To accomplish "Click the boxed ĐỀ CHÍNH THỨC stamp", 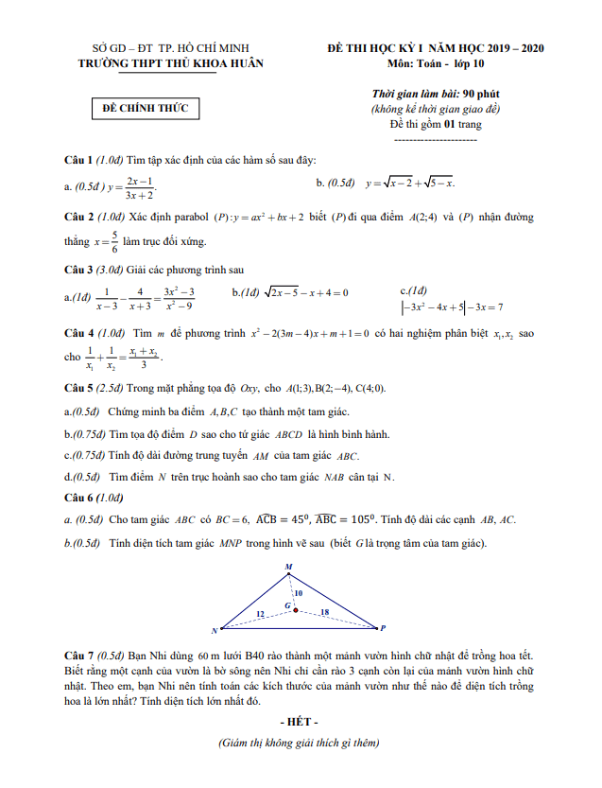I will pyautogui.click(x=146, y=109).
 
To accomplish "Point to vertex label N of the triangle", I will pyautogui.click(x=215, y=630).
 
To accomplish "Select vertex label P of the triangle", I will pyautogui.click(x=383, y=627).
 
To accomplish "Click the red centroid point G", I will pyautogui.click(x=296, y=610).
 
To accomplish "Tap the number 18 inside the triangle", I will pyautogui.click(x=324, y=613).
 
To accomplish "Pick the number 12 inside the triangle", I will pyautogui.click(x=261, y=615).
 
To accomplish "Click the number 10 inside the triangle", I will pyautogui.click(x=299, y=593).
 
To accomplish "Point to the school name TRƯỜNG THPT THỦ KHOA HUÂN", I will pyautogui.click(x=171, y=63).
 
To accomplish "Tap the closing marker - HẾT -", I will pyautogui.click(x=300, y=722).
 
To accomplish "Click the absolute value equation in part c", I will pyautogui.click(x=452, y=306).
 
